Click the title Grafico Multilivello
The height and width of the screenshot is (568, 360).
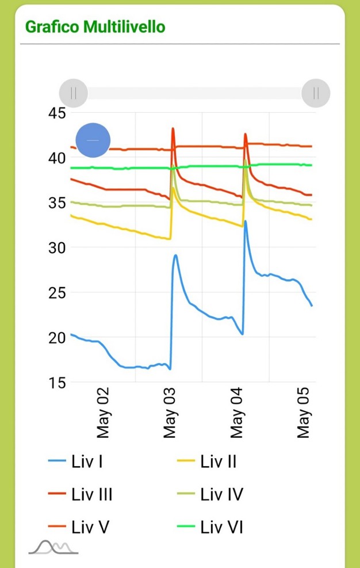click(x=95, y=26)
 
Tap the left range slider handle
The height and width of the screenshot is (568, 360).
click(x=74, y=93)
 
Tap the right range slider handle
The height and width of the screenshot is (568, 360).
click(x=316, y=93)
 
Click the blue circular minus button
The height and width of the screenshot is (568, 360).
click(x=93, y=140)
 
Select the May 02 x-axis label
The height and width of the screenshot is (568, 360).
click(x=103, y=413)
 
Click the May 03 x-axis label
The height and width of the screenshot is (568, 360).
click(x=170, y=413)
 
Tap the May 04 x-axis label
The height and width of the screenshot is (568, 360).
click(x=237, y=413)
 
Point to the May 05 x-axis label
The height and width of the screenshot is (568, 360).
click(x=304, y=413)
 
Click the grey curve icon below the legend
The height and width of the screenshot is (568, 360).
click(x=53, y=547)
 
